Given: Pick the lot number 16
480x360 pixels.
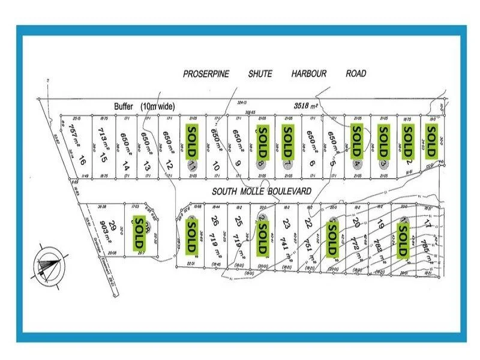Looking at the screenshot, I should point(82,161).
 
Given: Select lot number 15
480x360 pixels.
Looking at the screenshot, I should point(104,158).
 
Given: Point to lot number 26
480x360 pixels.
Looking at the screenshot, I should point(214,220).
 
